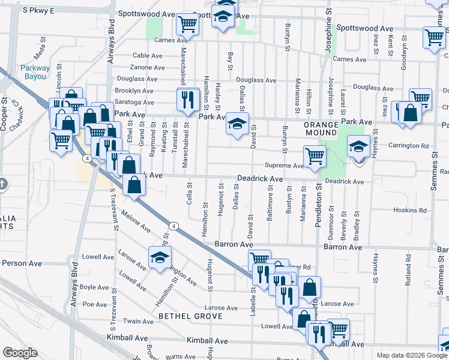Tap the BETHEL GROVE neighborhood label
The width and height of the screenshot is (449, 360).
[190, 316]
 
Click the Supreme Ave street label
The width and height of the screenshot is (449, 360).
[285, 166]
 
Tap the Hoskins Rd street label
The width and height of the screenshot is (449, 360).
[410, 211]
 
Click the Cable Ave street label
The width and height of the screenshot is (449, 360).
[148, 55]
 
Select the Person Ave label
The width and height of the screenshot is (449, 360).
[22, 263]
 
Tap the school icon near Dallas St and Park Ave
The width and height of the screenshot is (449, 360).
[237, 125]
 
